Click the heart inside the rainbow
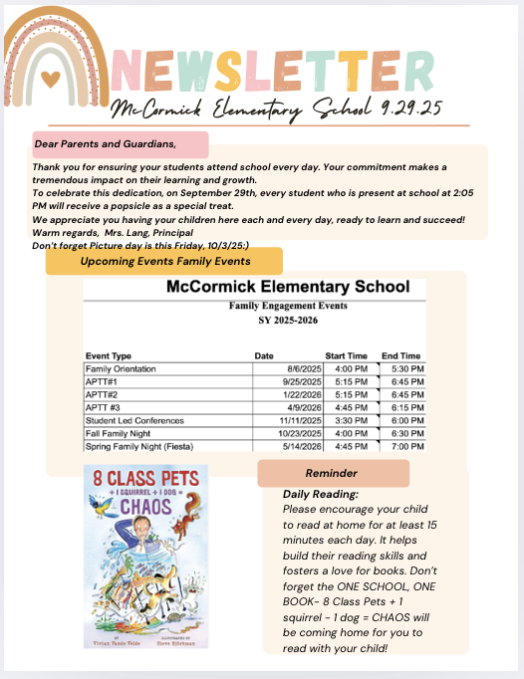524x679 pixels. pyautogui.click(x=50, y=76)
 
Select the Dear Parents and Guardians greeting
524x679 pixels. pyautogui.click(x=98, y=143)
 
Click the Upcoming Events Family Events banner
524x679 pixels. pyautogui.click(x=165, y=261)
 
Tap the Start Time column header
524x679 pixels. pyautogui.click(x=347, y=355)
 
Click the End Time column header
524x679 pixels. pyautogui.click(x=400, y=355)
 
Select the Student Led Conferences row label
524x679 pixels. pyautogui.click(x=134, y=421)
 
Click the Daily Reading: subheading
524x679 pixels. pyautogui.click(x=320, y=494)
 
